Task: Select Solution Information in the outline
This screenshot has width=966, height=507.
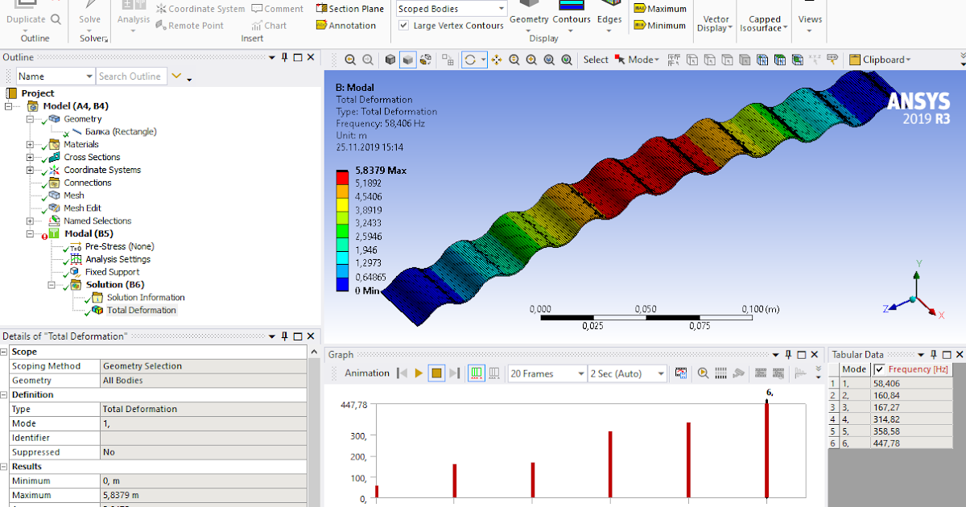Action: pos(145,298)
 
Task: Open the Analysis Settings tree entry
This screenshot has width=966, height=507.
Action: pos(118,259)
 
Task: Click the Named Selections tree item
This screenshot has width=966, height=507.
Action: pos(97,221)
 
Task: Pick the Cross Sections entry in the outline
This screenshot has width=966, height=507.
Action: pos(92,157)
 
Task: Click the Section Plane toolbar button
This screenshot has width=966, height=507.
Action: pos(350,9)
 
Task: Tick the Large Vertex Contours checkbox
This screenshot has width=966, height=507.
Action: pos(404,26)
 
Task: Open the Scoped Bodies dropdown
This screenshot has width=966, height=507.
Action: pos(452,9)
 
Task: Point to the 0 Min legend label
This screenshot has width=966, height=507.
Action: pos(367,291)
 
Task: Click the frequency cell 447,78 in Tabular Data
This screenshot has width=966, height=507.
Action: pos(886,443)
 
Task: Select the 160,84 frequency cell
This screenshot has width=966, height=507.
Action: pos(886,395)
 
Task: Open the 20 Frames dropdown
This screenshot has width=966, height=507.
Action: pos(547,373)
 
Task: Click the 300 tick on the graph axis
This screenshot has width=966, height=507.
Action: pos(357,435)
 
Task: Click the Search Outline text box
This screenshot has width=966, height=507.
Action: pos(130,76)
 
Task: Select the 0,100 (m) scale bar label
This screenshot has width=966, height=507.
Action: pos(760,309)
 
